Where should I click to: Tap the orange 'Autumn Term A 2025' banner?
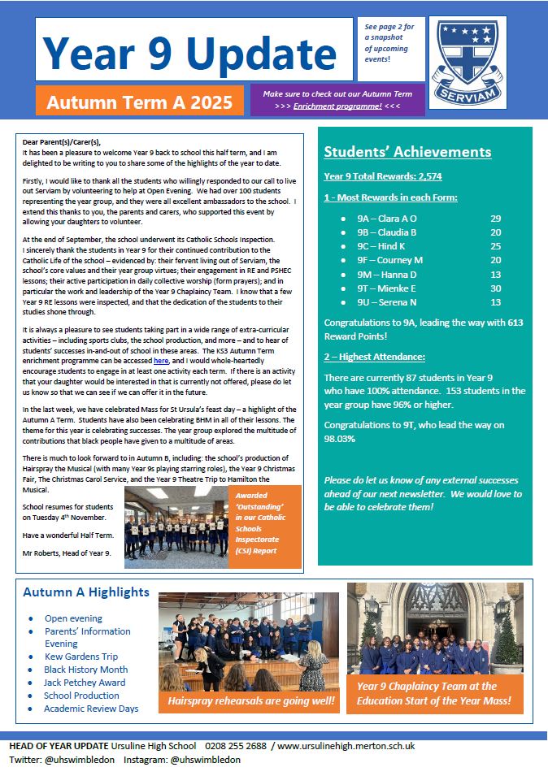coord(139,102)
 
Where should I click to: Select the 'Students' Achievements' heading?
coord(407,152)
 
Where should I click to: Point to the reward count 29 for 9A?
coord(496,219)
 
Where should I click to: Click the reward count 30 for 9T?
coord(496,288)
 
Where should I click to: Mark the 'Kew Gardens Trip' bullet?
coord(81,657)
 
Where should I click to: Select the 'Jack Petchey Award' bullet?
coord(85,683)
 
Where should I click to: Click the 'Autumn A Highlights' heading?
coord(86,592)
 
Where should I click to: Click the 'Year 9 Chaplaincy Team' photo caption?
coord(434,693)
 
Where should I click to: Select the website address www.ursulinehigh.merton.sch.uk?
coord(346,746)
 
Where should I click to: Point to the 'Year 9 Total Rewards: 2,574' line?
coord(382,176)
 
